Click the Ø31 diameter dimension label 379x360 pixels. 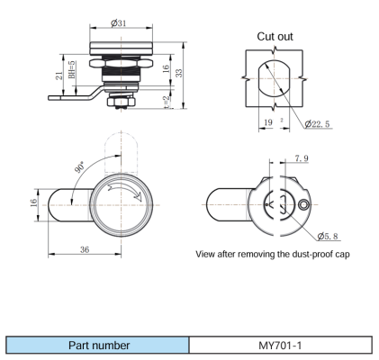(118, 23)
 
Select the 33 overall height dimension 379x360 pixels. (179, 73)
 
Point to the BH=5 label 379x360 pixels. (72, 69)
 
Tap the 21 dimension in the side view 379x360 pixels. (59, 76)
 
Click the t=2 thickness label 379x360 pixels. (167, 102)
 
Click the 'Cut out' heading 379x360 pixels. (275, 37)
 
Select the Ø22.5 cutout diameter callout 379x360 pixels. (317, 123)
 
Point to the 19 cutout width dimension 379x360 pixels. (268, 122)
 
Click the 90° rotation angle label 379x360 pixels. (80, 166)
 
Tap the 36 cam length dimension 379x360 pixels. (85, 249)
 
